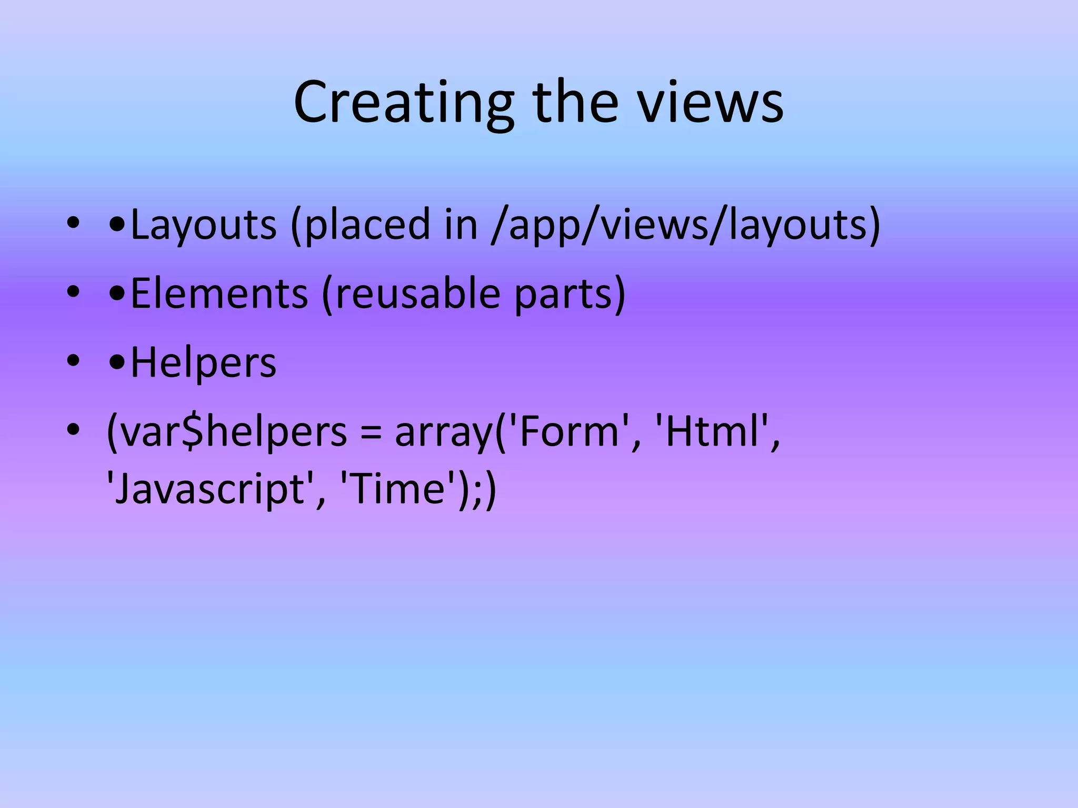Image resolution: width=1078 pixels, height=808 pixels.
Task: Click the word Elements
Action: [x=219, y=294]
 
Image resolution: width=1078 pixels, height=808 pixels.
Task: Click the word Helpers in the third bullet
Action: [x=203, y=362]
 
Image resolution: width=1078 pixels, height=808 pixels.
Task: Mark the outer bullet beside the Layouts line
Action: [x=73, y=224]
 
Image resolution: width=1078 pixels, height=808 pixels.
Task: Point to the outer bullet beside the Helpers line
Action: [x=73, y=361]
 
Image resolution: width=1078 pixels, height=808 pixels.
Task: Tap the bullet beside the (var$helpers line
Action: [x=73, y=431]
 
